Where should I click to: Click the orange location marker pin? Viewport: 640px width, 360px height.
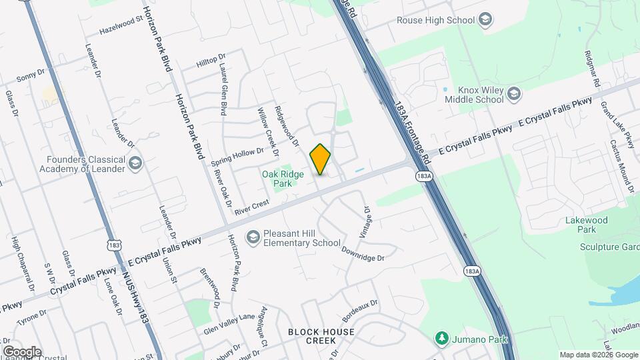321,159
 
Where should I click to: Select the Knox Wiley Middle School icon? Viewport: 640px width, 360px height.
513,94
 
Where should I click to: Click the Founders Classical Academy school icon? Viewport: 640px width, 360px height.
135,163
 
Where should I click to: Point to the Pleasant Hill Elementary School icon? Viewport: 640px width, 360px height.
253,237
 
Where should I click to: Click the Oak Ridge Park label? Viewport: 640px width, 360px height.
277,178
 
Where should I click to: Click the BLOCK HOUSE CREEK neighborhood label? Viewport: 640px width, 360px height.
321,336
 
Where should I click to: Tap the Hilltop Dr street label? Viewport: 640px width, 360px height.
211,61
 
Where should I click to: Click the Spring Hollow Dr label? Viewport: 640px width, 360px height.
237,157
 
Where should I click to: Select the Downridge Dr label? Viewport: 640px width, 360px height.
363,254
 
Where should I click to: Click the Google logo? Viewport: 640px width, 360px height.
22,351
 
